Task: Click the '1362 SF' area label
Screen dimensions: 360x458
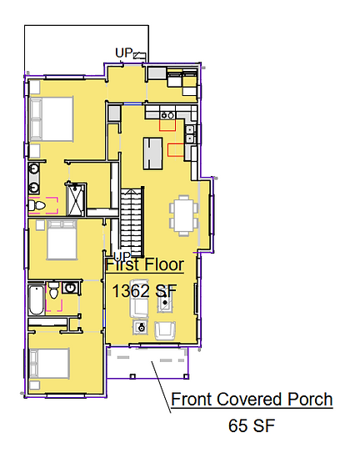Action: (x=145, y=291)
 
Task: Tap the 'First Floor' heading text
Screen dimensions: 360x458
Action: (x=145, y=264)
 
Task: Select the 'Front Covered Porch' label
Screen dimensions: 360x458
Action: (x=252, y=399)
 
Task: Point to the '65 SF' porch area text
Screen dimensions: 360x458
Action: (x=252, y=425)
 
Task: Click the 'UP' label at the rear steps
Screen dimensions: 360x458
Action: (x=124, y=53)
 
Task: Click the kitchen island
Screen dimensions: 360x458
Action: (x=152, y=154)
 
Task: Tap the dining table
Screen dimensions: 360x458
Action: (x=184, y=215)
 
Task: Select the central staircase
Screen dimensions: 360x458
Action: (x=132, y=222)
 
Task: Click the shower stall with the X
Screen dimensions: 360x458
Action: (x=76, y=199)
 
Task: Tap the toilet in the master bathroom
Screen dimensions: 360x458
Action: (x=37, y=205)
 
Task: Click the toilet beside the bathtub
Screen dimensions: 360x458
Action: (x=53, y=290)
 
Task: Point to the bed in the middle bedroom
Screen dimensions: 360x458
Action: (x=62, y=240)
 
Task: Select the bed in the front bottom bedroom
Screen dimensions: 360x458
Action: (x=49, y=364)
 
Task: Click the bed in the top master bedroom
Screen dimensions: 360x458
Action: (x=51, y=119)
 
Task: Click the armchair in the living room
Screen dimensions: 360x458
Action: (x=165, y=331)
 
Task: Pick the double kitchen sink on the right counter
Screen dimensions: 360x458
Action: (x=190, y=133)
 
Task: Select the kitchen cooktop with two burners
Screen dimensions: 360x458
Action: (x=167, y=116)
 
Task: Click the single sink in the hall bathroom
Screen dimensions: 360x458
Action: (x=70, y=289)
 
